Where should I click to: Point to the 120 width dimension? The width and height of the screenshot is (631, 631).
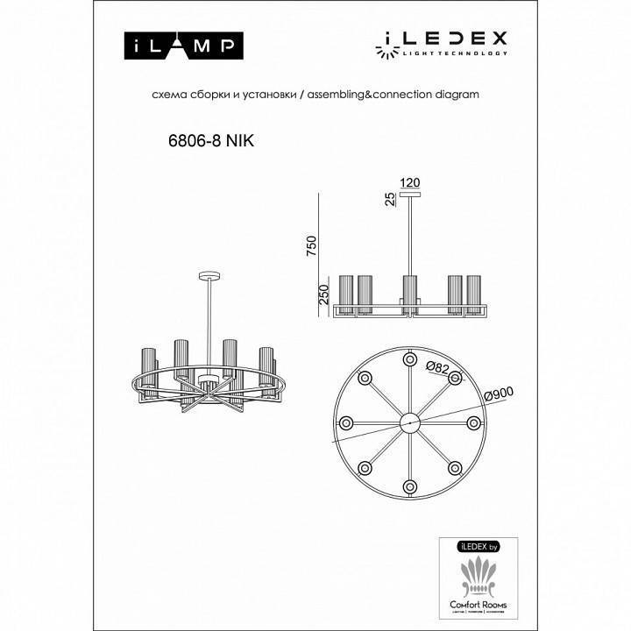click(410, 183)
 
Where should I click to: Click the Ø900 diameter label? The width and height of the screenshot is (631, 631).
click(499, 396)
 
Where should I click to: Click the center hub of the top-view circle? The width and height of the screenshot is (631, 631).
click(408, 422)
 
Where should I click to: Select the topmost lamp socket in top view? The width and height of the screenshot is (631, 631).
click(408, 358)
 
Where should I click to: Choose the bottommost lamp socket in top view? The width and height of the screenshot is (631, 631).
click(408, 486)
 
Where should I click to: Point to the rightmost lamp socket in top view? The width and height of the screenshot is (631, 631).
click(473, 422)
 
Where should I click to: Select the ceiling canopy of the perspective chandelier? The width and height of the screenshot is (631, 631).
click(208, 276)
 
